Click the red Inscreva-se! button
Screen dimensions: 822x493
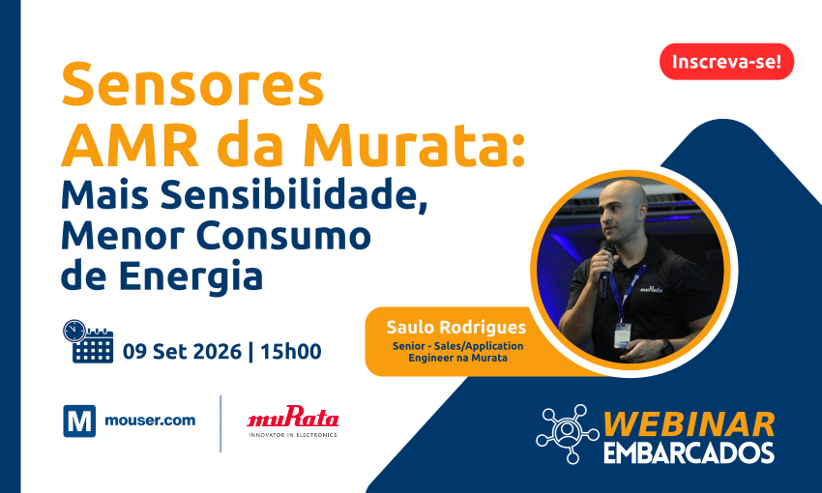(x=726, y=62)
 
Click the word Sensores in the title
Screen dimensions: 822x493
(x=192, y=85)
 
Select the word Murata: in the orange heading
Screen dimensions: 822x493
(x=414, y=145)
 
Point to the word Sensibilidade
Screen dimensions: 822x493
(x=294, y=195)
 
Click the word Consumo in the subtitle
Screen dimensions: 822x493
(x=283, y=235)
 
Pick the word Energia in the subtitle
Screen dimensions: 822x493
(x=191, y=277)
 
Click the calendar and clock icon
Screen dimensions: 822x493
(x=88, y=341)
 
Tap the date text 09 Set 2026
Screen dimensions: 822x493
(x=182, y=352)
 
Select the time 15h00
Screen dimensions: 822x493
(x=290, y=352)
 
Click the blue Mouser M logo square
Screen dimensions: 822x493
(x=79, y=420)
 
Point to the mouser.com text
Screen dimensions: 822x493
(x=150, y=420)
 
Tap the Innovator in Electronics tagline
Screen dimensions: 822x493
(x=292, y=435)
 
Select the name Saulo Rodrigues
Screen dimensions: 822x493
(x=456, y=327)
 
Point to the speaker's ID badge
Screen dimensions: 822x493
(x=622, y=334)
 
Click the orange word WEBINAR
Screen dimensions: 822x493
(x=690, y=424)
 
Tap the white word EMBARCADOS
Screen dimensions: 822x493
(x=690, y=452)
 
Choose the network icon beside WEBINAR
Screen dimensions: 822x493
(x=568, y=434)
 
